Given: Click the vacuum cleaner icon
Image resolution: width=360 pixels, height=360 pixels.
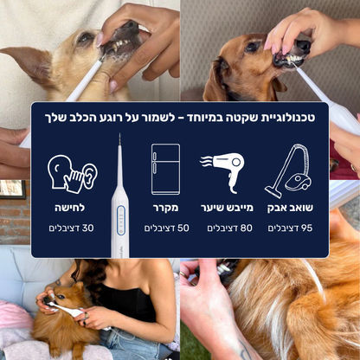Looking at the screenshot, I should [x=289, y=170].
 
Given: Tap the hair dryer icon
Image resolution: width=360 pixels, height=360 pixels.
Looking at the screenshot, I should [x=228, y=170].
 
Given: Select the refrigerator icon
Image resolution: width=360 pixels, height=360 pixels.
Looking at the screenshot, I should [x=165, y=169].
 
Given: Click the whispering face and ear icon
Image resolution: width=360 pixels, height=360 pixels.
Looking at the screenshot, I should [x=72, y=173].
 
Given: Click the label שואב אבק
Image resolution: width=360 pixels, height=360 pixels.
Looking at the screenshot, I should [x=290, y=208].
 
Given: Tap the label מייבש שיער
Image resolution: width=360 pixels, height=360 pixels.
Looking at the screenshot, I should [x=228, y=208].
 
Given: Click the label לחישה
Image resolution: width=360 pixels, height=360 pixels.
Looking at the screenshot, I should [x=70, y=208].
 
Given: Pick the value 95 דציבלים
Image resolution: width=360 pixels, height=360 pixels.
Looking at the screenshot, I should [x=290, y=228].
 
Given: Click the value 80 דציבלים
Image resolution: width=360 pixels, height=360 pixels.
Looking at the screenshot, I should [x=228, y=228].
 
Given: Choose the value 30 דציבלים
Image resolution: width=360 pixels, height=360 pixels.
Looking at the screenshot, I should [x=70, y=228].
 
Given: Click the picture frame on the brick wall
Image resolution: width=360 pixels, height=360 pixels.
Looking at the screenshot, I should [x=12, y=190].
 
